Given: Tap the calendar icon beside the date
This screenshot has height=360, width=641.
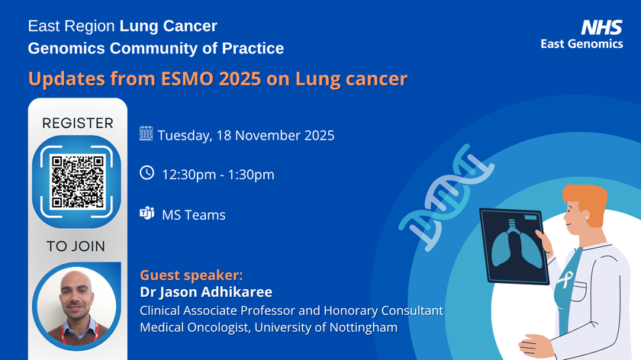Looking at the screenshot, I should [x=146, y=134].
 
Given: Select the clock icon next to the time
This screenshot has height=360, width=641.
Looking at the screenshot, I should [x=147, y=173].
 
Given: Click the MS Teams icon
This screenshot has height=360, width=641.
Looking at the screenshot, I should [x=147, y=214].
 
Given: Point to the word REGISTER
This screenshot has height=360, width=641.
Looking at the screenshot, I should [x=77, y=123].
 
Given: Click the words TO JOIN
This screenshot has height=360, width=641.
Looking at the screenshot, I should [x=76, y=246].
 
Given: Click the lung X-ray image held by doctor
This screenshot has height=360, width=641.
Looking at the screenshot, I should [x=511, y=244].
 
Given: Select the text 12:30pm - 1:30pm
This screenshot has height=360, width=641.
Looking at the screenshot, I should [x=218, y=175].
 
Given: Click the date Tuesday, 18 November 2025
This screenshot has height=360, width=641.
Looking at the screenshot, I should [x=246, y=136].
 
